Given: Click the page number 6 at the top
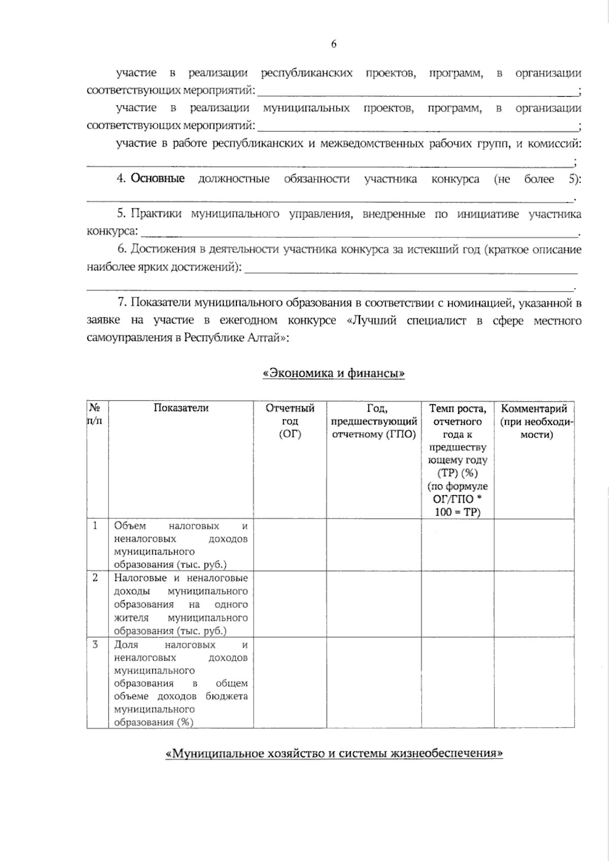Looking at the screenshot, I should coord(334,45).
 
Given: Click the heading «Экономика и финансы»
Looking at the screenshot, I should coord(334,374).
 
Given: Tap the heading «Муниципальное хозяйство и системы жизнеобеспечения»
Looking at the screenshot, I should coord(334,754).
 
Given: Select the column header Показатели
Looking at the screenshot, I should coord(181,409).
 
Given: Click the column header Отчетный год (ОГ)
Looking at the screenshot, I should coord(290,421).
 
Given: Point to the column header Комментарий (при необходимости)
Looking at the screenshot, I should coord(534,421).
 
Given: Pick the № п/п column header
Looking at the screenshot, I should coord(97,415).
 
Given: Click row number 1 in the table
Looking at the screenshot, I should coord(95,526).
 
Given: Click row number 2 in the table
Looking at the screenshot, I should coord(95,578).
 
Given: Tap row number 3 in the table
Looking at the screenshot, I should coord(95,644).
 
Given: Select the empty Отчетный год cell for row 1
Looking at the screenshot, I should coord(290,545).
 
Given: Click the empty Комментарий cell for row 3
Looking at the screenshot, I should coord(534,683).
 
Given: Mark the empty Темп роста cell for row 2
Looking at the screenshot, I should coord(457,604).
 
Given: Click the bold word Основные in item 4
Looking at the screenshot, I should coord(158,179).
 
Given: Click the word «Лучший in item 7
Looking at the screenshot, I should coord(374,320).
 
